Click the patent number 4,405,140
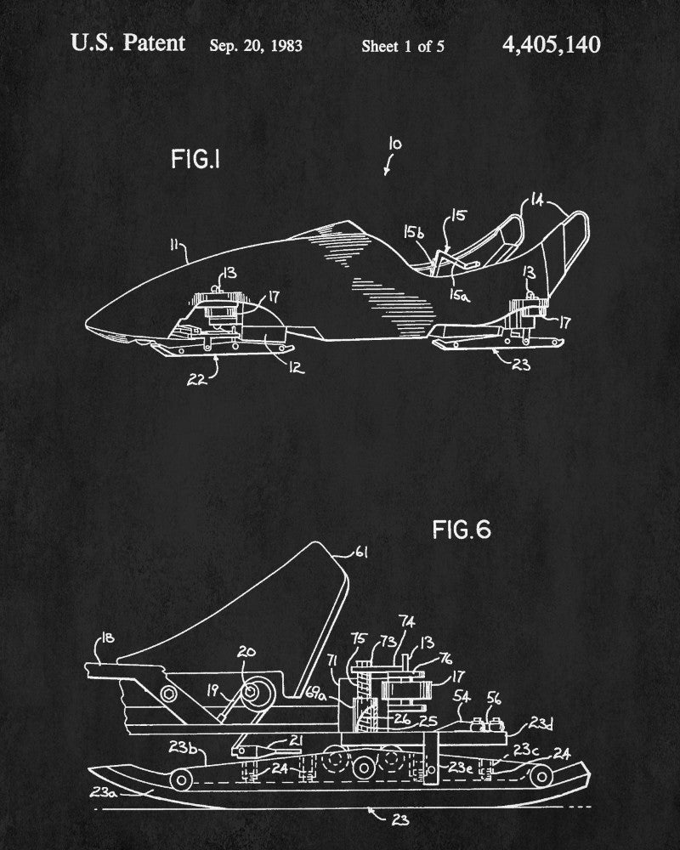[x=551, y=44]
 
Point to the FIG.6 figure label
[x=462, y=530]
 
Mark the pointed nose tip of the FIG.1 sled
[x=87, y=326]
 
